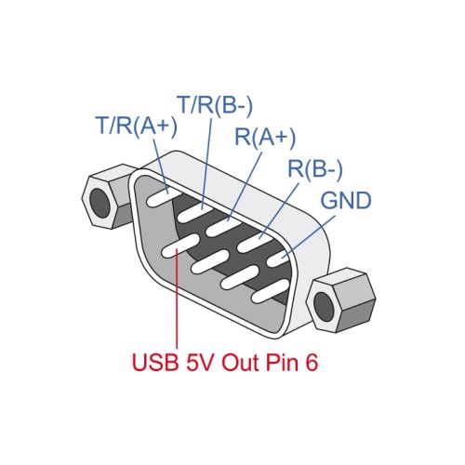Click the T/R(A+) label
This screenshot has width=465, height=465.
(x=136, y=126)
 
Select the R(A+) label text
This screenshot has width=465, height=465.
(x=265, y=139)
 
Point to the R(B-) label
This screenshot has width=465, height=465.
(x=315, y=170)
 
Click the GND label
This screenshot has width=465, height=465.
(x=346, y=201)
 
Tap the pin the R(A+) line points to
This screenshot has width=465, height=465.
(x=224, y=224)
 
